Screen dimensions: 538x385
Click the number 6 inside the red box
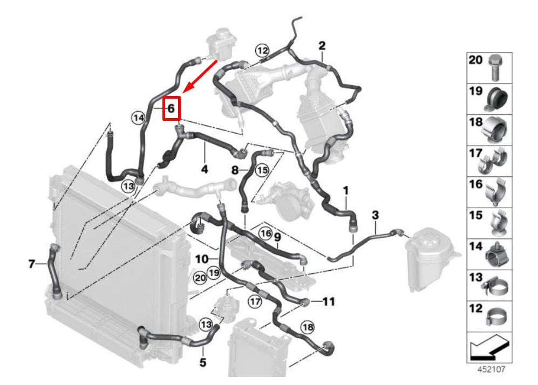click(x=171, y=108)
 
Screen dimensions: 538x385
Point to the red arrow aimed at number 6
click(x=200, y=77)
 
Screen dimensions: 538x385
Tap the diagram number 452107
click(x=492, y=369)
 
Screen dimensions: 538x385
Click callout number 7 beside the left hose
click(x=31, y=264)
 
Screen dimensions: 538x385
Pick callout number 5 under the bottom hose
click(x=203, y=362)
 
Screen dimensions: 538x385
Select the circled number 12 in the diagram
click(x=262, y=51)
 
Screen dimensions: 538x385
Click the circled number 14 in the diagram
click(x=139, y=118)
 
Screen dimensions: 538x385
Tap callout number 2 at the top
click(x=322, y=46)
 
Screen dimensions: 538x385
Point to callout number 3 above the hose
click(x=376, y=215)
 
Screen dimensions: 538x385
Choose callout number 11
click(x=329, y=301)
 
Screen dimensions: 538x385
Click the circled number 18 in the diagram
click(x=308, y=327)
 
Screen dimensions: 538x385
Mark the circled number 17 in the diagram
click(x=255, y=302)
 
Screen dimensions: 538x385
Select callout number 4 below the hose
click(x=205, y=169)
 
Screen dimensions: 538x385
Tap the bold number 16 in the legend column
click(x=476, y=184)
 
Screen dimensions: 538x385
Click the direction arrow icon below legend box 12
click(x=489, y=347)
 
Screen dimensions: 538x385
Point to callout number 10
click(x=202, y=259)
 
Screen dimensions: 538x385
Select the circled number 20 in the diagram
click(x=200, y=277)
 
